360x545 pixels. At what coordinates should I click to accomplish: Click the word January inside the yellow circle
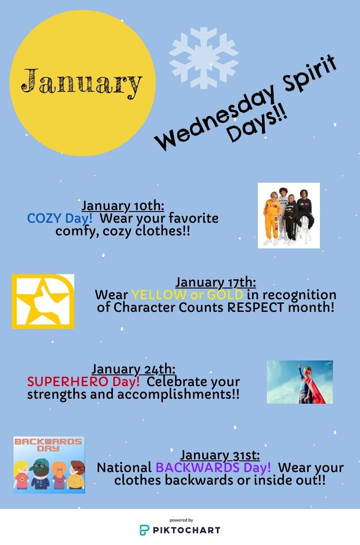(x=81, y=83)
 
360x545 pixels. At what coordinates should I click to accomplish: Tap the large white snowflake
(x=203, y=58)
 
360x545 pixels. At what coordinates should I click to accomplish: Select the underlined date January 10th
(x=123, y=206)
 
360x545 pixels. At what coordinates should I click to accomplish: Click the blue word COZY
(x=44, y=218)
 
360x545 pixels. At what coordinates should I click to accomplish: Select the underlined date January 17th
(x=216, y=283)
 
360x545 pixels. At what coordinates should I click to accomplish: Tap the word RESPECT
(x=256, y=307)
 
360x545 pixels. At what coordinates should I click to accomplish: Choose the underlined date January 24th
(x=133, y=369)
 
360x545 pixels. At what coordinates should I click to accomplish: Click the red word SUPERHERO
(x=67, y=382)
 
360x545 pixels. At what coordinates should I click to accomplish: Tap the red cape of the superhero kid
(x=317, y=390)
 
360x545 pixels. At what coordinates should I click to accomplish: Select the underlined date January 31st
(x=220, y=455)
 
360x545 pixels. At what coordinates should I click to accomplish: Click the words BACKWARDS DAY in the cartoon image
(x=48, y=445)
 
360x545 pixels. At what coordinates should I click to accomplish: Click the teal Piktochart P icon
(x=144, y=530)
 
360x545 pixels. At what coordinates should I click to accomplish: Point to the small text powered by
(x=181, y=520)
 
